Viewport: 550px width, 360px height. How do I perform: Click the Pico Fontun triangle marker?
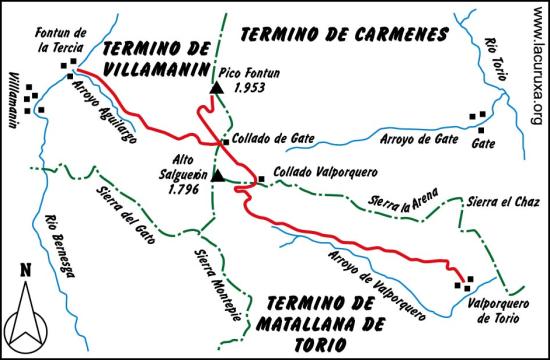[x=214, y=91]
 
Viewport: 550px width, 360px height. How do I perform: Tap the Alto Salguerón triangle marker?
[x=216, y=177]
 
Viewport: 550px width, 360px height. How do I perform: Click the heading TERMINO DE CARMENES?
[x=343, y=34]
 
